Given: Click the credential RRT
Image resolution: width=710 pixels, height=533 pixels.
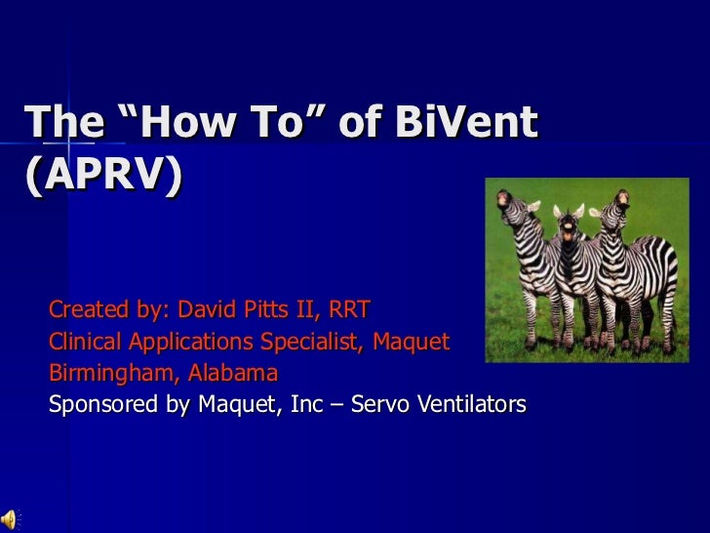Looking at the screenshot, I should click(x=349, y=311).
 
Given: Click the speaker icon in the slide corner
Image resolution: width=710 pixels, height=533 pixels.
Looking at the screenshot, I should click(x=11, y=519).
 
